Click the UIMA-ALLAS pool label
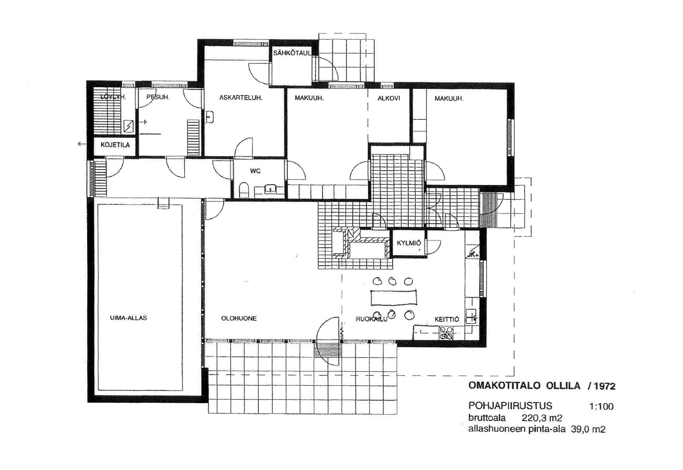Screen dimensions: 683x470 point(128,318)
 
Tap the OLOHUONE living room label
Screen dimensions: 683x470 point(239,318)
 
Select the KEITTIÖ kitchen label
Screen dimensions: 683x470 point(447,319)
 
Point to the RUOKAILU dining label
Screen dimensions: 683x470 point(371,319)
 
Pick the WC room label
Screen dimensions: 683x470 point(255,171)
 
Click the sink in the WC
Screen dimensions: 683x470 point(270,188)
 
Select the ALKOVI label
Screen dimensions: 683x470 point(389,98)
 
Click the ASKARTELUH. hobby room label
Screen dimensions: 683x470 point(240,98)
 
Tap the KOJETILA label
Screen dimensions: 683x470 point(115,145)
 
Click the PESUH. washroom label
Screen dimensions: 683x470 point(158,97)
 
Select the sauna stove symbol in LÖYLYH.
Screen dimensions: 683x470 point(128,126)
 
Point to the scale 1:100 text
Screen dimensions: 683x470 point(601,407)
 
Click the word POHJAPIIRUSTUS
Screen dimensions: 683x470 point(510,406)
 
